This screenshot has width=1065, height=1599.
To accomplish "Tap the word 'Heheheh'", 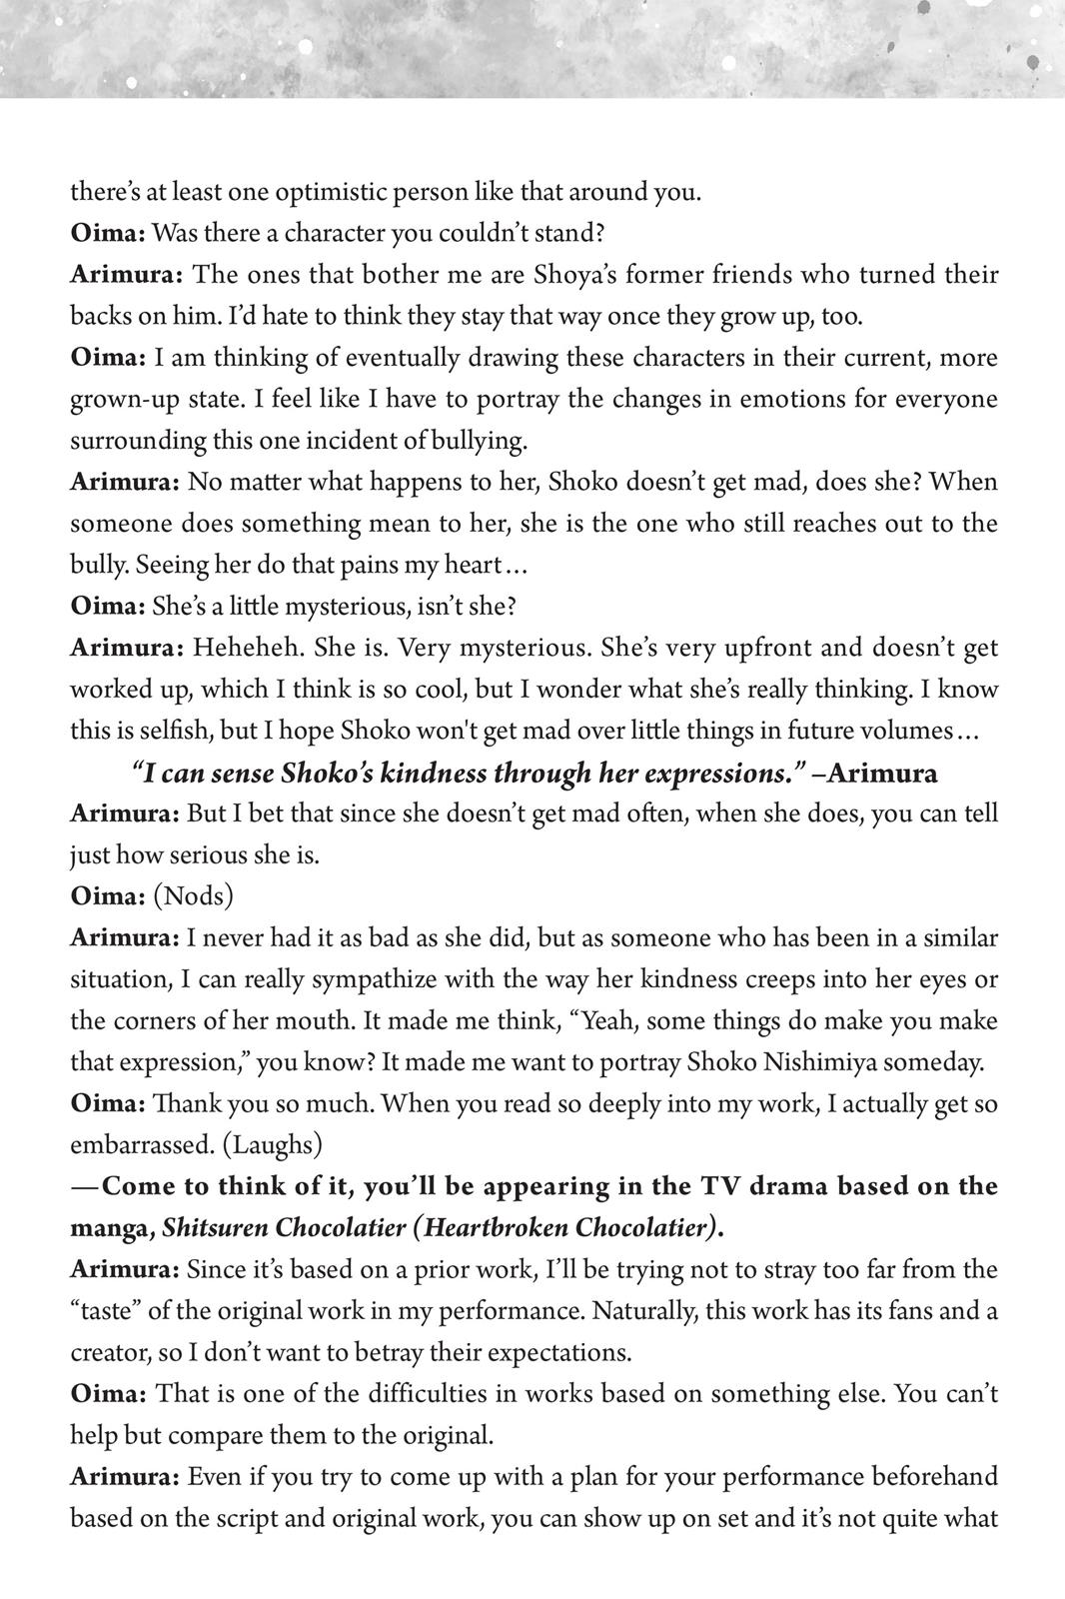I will click(x=248, y=648).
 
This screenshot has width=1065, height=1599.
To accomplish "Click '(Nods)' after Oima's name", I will click(x=194, y=896).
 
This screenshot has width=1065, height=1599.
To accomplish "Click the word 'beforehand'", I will click(x=934, y=1477).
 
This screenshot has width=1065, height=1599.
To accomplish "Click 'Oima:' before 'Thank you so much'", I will click(x=109, y=1104).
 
